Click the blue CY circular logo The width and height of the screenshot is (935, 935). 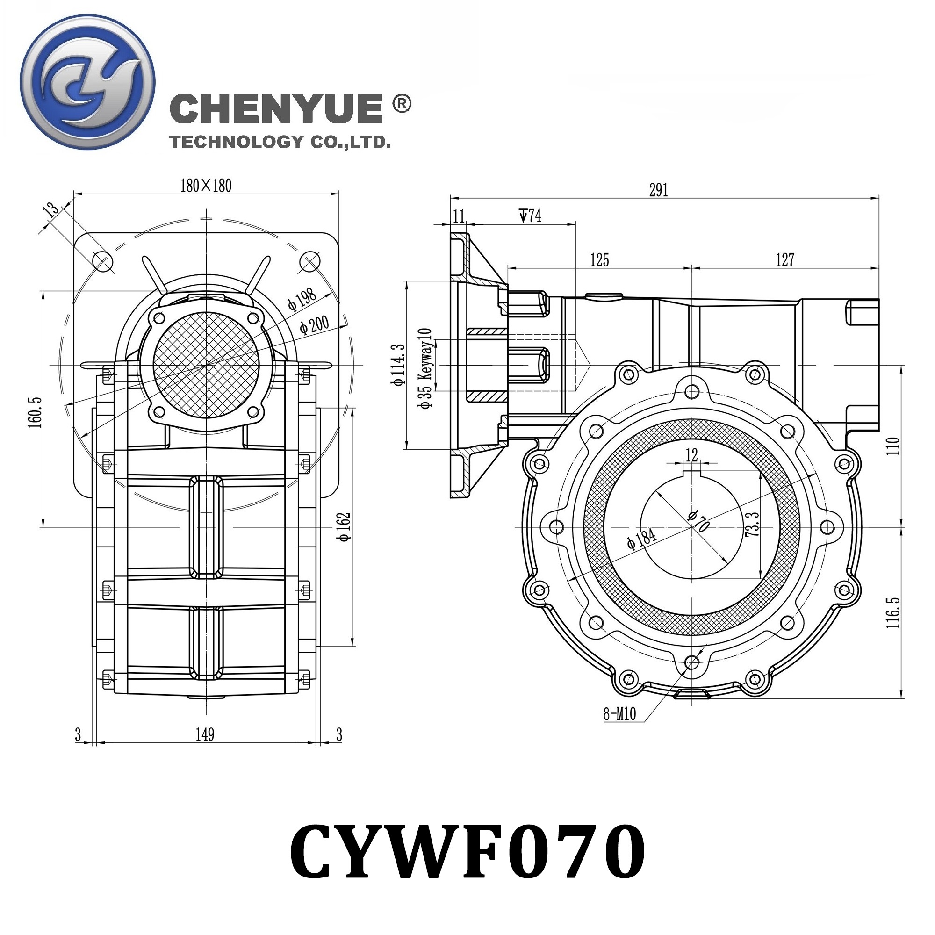[x=87, y=82]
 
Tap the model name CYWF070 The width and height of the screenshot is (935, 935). [x=467, y=852]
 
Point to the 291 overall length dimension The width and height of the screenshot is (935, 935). [x=659, y=190]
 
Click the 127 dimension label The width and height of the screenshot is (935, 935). [x=785, y=260]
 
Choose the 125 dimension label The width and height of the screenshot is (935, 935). [x=599, y=260]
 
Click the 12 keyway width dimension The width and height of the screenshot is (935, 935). [x=691, y=454]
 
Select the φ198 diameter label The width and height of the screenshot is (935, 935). [x=302, y=299]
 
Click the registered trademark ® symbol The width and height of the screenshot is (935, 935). [x=401, y=104]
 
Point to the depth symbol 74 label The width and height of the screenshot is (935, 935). [x=531, y=216]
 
